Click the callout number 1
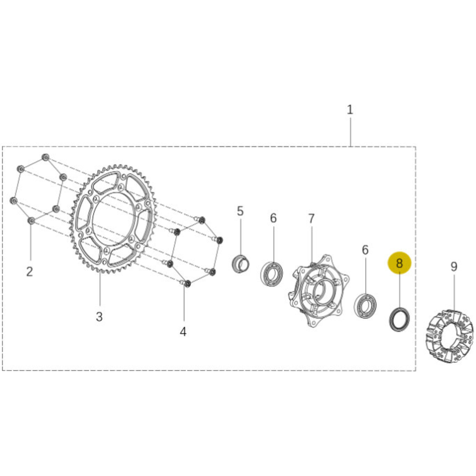point(350,110)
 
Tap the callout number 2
point(29,271)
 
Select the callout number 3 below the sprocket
point(99,317)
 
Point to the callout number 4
point(183,332)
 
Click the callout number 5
point(240,211)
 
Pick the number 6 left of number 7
point(273,218)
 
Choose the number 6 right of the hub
point(365,250)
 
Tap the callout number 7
point(311,219)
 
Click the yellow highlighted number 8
point(399,263)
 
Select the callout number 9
point(454,267)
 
